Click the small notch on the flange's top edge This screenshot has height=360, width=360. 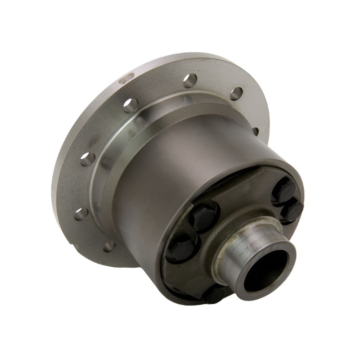click(x=128, y=80)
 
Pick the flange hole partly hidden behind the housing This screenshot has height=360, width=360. click(x=255, y=130)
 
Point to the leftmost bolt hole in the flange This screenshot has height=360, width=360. click(x=81, y=213)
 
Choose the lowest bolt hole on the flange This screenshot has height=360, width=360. click(x=108, y=247)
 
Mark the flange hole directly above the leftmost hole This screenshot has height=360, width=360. click(x=87, y=158)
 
